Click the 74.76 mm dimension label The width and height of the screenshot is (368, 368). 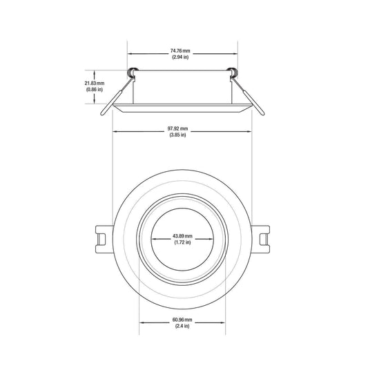point(180,50)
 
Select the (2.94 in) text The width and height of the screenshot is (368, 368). point(180,57)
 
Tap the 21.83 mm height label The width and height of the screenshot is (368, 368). point(95,84)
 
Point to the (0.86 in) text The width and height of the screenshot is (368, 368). point(95,90)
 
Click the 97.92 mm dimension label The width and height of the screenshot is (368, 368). point(177,128)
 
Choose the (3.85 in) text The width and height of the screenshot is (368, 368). point(177,135)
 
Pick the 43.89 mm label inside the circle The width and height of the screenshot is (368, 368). point(182,236)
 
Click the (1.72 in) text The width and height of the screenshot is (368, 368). point(182,242)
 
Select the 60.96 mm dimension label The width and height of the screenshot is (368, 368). point(182,320)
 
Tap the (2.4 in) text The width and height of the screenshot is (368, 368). point(182,326)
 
